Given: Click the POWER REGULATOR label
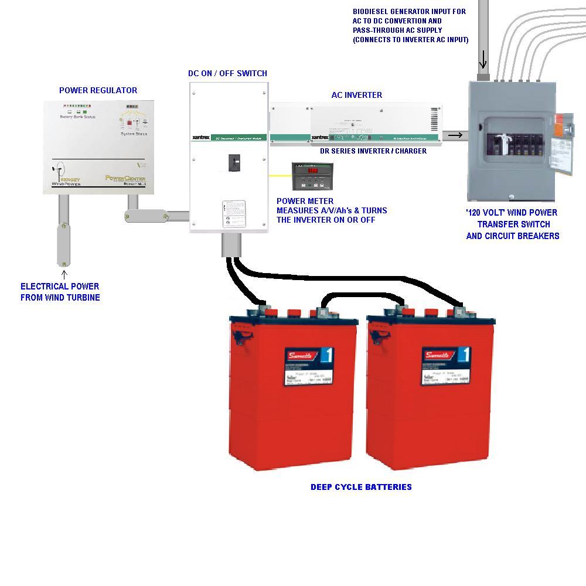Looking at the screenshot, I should [98, 90].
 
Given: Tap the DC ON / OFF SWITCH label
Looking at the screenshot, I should [227, 73].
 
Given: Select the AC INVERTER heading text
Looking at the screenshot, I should [356, 95].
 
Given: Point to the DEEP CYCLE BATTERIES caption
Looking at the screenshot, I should [361, 487].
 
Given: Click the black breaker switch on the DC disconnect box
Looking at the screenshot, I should [234, 162].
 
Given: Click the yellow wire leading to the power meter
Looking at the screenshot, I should [280, 175].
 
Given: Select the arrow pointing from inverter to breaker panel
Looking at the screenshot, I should [455, 136].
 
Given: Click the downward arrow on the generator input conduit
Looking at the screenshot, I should [483, 60].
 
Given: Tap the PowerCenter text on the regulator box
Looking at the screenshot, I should [125, 179].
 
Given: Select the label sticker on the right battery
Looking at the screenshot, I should [445, 366].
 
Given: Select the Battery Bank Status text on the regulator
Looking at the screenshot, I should [77, 117].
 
